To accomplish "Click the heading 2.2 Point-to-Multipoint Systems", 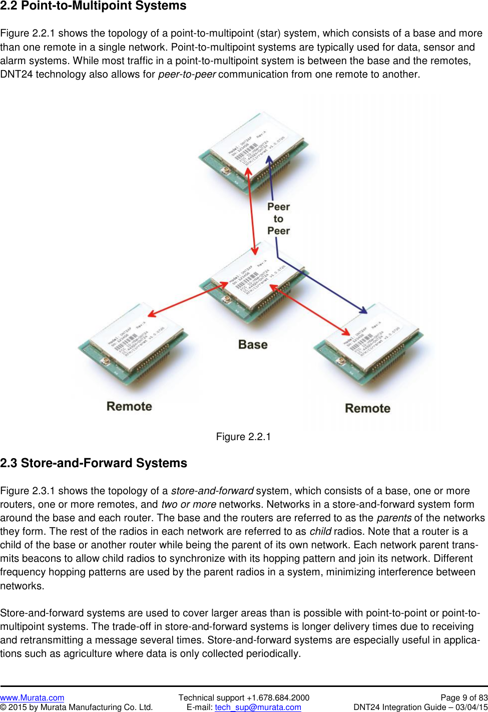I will pyautogui.click(x=93, y=6).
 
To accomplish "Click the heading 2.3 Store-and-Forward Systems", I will pyautogui.click(x=94, y=463).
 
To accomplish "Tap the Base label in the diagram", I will pyautogui.click(x=253, y=344).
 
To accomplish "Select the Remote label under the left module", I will pyautogui.click(x=129, y=406).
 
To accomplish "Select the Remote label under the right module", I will pyautogui.click(x=367, y=408).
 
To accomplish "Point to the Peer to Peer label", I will pyautogui.click(x=278, y=219).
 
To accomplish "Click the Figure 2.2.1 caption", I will pyautogui.click(x=243, y=437).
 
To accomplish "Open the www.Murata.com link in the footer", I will pyautogui.click(x=32, y=697).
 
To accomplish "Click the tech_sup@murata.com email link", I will pyautogui.click(x=258, y=707).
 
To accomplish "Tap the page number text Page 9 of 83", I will pyautogui.click(x=463, y=697).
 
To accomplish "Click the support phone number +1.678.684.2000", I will pyautogui.click(x=278, y=697).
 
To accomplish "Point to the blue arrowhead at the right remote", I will pyautogui.click(x=362, y=310).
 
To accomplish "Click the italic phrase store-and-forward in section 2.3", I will pyautogui.click(x=212, y=491).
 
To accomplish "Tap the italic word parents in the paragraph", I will pyautogui.click(x=394, y=518).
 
